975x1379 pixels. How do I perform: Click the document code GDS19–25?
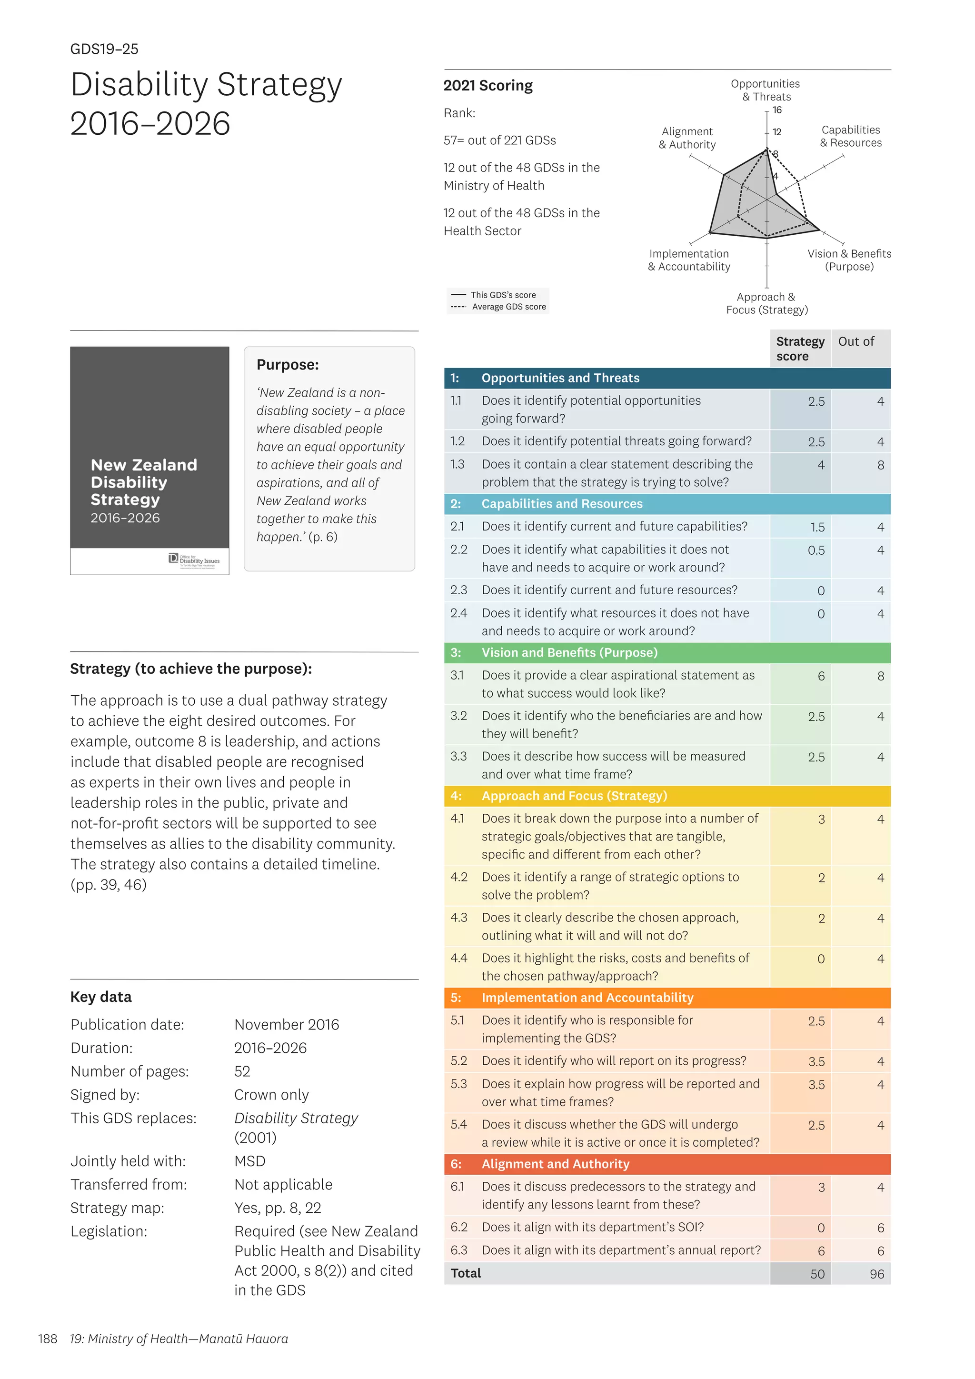tap(104, 49)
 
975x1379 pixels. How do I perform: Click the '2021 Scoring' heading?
tap(487, 86)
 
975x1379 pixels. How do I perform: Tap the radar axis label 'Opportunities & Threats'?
tap(766, 90)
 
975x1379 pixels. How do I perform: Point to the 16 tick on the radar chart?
tap(777, 110)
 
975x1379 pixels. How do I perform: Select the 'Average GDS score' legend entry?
tap(508, 307)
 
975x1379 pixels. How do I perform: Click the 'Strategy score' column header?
tap(800, 349)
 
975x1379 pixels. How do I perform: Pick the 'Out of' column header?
tap(856, 342)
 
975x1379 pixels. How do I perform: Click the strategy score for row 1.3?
tap(820, 465)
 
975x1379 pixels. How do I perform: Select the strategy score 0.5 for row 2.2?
tap(816, 550)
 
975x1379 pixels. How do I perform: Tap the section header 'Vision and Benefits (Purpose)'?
tap(569, 653)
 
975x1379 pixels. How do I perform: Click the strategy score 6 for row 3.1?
tap(821, 676)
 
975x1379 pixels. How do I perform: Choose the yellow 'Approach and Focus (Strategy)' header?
tap(574, 796)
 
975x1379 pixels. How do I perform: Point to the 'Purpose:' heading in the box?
tap(288, 365)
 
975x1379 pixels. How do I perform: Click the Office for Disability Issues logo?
tap(194, 560)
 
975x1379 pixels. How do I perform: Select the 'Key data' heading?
tap(101, 997)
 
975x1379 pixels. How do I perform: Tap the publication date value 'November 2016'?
tap(287, 1025)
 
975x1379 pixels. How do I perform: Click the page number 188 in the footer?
tap(48, 1339)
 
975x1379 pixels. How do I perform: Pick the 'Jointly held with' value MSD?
tap(250, 1161)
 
